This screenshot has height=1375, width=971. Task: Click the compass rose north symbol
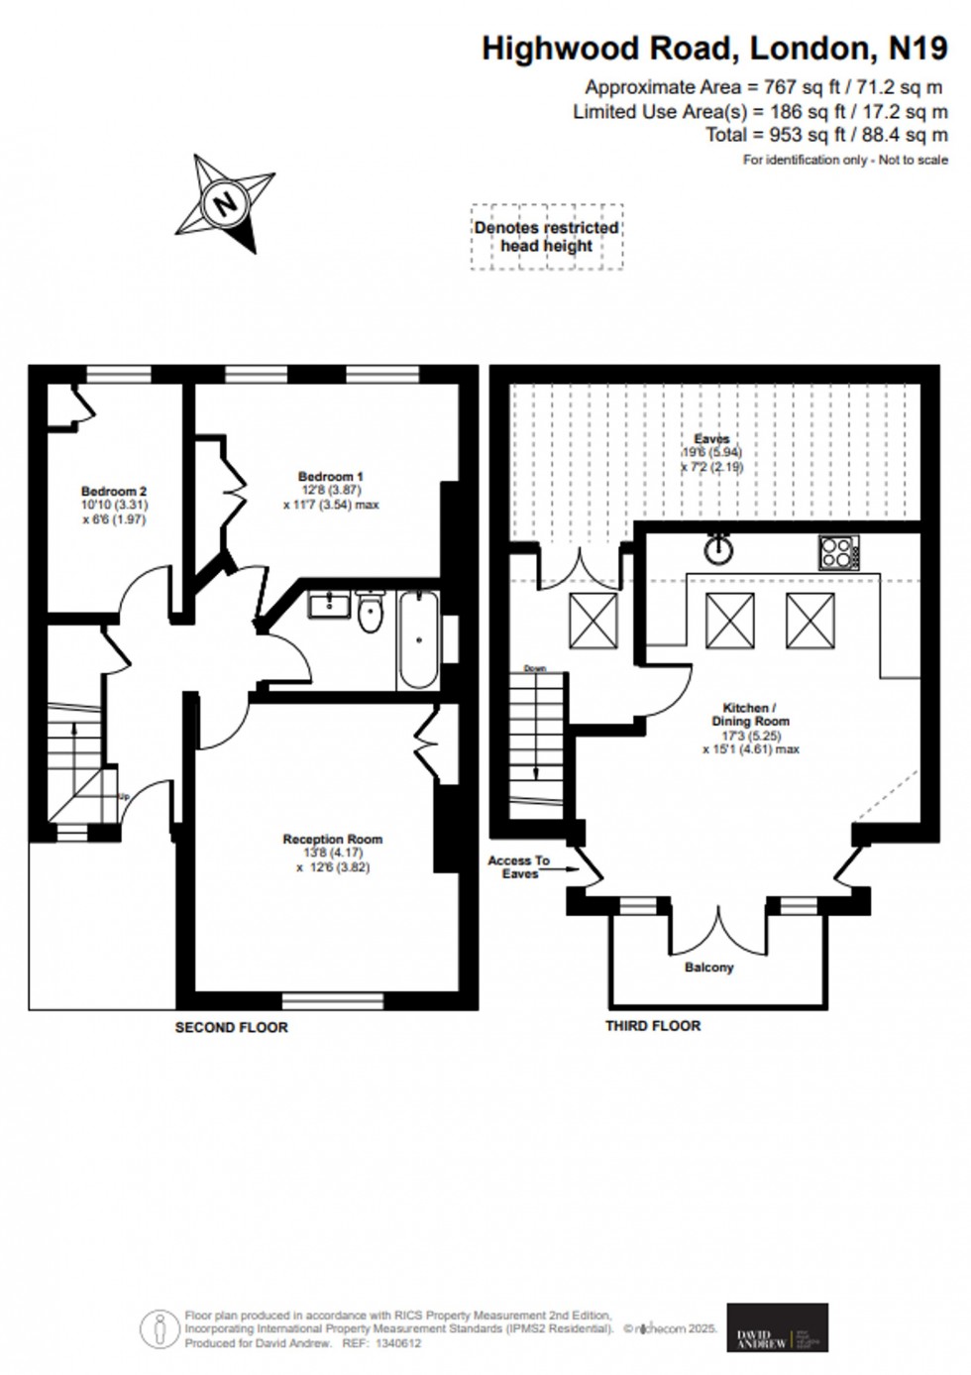(x=226, y=203)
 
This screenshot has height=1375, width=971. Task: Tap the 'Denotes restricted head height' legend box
(x=546, y=237)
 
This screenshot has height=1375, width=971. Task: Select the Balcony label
(x=708, y=967)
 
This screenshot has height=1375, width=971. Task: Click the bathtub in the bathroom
(x=418, y=639)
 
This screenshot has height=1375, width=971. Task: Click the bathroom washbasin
(x=326, y=604)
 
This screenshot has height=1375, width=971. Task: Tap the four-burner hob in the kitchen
(x=838, y=552)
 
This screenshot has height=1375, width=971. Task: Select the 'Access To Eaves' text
(x=518, y=867)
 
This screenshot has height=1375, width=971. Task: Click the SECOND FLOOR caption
(x=231, y=1028)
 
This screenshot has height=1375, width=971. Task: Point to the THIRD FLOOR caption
(x=653, y=1026)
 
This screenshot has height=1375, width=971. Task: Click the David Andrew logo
(x=778, y=1327)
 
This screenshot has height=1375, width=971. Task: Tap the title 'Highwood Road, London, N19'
(x=713, y=48)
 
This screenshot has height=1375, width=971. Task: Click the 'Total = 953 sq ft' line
(x=826, y=135)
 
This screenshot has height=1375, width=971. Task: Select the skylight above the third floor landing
(x=593, y=622)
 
